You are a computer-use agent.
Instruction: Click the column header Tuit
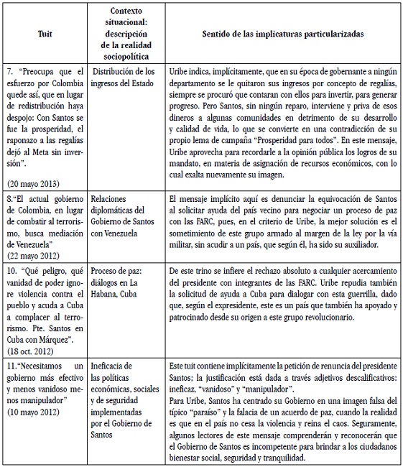[43, 33]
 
